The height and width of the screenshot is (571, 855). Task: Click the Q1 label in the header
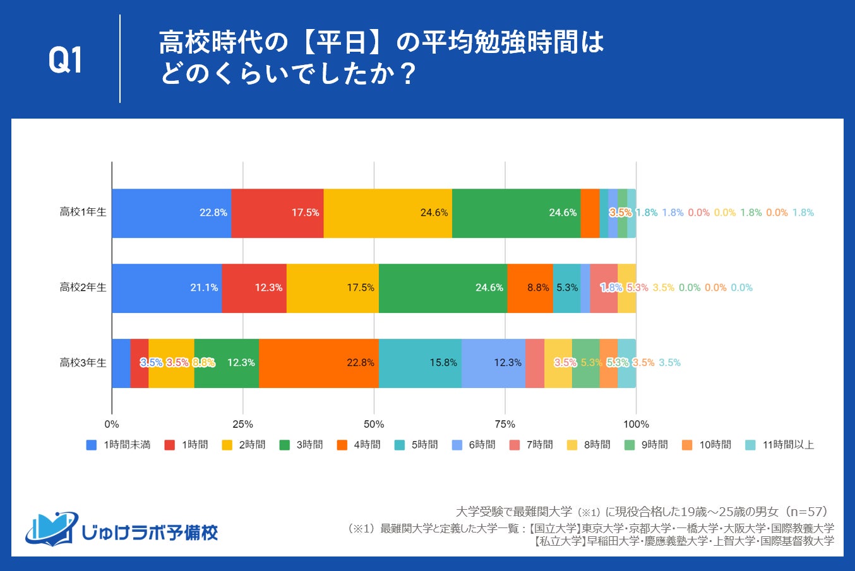point(66,61)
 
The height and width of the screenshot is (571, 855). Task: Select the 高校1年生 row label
point(83,212)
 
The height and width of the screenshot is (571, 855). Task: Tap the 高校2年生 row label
point(83,287)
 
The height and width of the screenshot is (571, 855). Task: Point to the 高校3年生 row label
point(83,362)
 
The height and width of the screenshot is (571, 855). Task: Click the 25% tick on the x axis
point(242,424)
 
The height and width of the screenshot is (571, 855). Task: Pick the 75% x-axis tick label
point(505,424)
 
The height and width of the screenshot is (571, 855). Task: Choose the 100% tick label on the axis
point(636,424)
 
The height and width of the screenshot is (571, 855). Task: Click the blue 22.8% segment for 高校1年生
point(171,213)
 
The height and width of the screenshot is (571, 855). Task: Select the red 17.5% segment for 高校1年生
point(277,213)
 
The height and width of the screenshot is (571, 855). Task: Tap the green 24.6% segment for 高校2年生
point(443,288)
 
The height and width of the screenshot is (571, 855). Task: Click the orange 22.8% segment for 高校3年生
point(318,363)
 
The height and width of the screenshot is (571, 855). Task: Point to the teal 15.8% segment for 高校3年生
point(420,363)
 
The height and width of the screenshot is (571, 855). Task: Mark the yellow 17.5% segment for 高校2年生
point(332,288)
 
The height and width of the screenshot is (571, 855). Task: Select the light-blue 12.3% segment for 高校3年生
point(493,363)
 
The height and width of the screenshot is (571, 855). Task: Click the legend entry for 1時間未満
point(119,445)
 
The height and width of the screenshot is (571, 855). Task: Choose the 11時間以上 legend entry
point(780,445)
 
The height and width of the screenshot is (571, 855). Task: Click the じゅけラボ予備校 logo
point(122,529)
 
